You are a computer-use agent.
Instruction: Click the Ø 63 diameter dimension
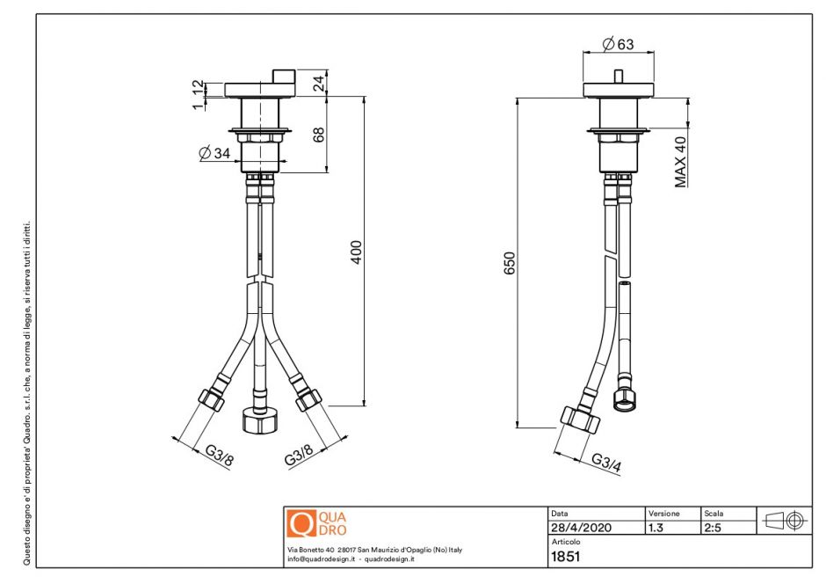coord(619,44)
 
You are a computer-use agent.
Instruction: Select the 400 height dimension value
coord(356,252)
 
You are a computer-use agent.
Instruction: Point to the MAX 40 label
coord(680,161)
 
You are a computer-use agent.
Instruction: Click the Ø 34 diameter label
coord(214,153)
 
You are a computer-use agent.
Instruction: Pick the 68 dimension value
coord(319,135)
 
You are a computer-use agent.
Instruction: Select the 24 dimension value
coord(319,84)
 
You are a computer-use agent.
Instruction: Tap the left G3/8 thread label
coord(220,456)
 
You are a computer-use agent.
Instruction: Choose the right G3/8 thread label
coord(299,455)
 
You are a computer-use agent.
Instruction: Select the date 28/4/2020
coord(581,528)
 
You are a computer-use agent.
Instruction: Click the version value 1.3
coord(656,528)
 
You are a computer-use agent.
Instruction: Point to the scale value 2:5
coord(713,528)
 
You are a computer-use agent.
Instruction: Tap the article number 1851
coord(565,556)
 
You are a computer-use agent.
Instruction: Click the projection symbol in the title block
coord(786,520)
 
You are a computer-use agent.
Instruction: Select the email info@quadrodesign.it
coord(320,559)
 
